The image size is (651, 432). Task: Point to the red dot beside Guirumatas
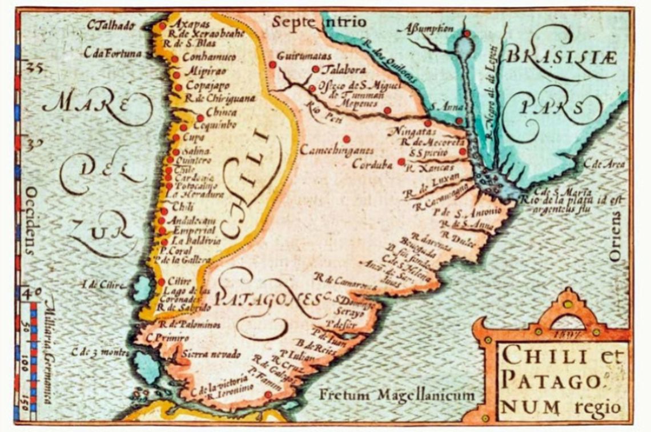point(273,66)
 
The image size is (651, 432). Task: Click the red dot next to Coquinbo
point(184,127)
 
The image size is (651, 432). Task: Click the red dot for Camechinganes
point(347,139)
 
